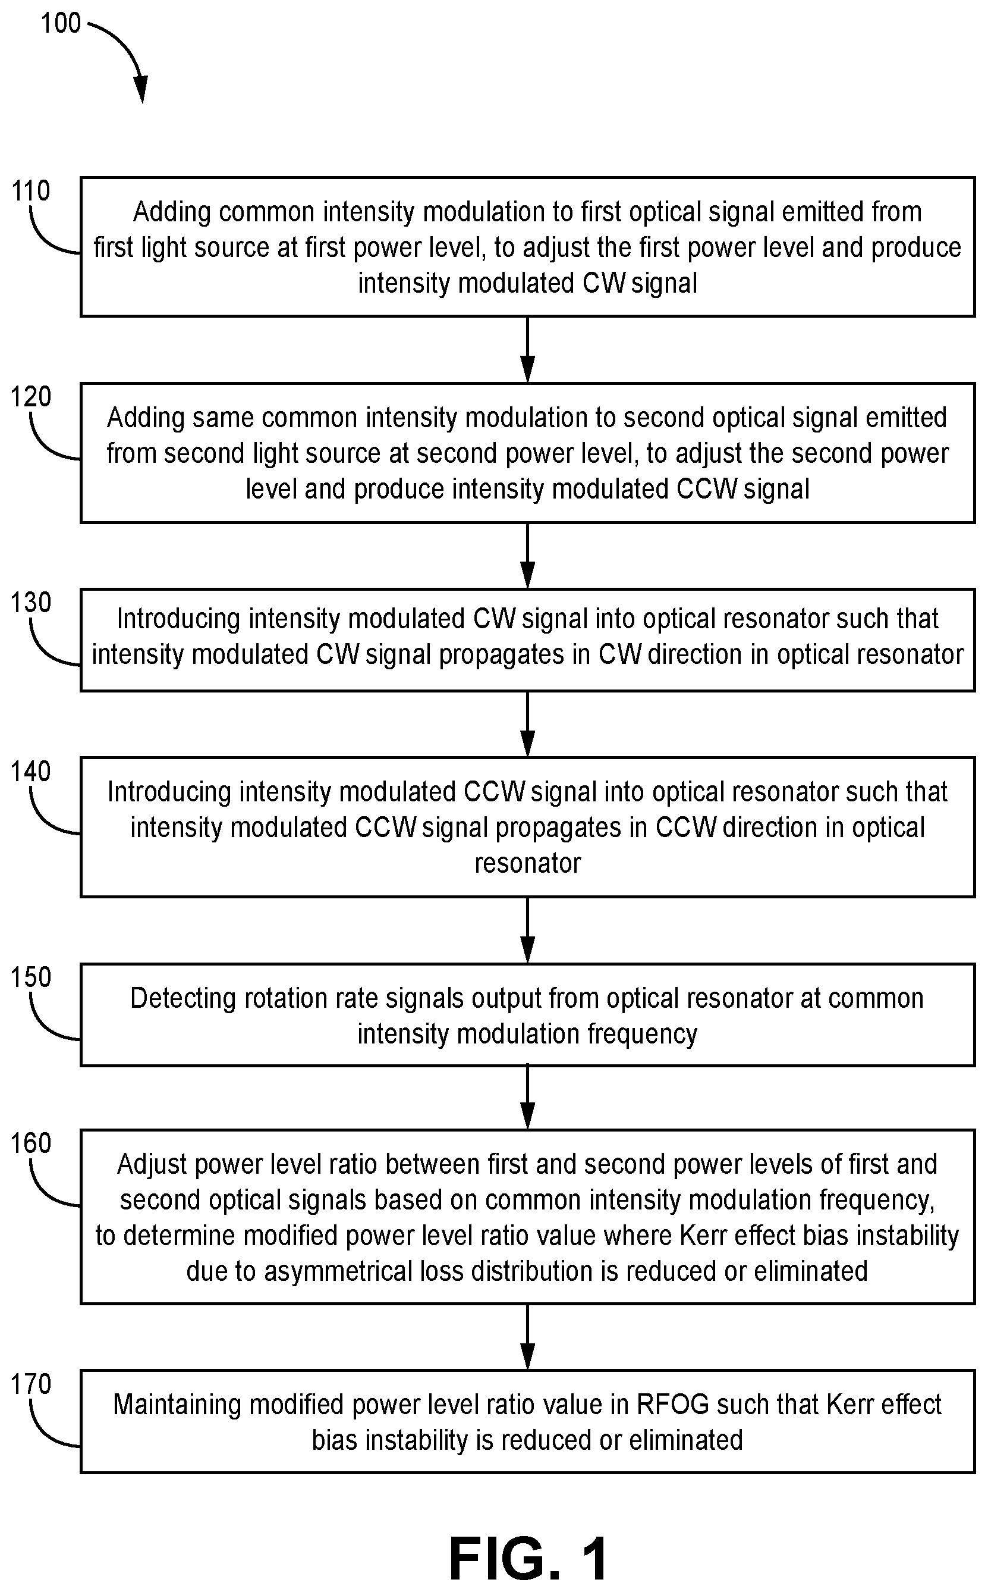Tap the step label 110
coord(31,191)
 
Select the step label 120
coord(31,396)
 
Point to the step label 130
coord(31,602)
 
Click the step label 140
coord(31,772)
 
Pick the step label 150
coord(31,977)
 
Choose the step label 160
coord(31,1143)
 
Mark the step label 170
coord(31,1384)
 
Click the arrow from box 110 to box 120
coord(527,350)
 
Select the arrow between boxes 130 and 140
coord(527,725)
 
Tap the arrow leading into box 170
coord(527,1337)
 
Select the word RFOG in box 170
coord(673,1405)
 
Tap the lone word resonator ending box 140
coord(527,863)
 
